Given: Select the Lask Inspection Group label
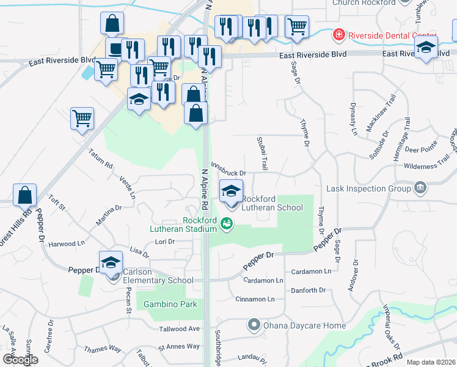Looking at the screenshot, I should [x=369, y=188].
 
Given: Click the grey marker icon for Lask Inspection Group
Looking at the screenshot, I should [x=420, y=187].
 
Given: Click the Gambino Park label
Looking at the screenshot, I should [x=166, y=304].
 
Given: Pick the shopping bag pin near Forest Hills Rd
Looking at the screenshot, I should [x=25, y=195].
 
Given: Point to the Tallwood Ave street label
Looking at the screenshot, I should [x=180, y=328].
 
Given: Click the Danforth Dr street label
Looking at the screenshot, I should [x=309, y=291].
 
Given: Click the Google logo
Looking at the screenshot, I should [x=20, y=360].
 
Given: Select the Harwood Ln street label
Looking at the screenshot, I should [x=67, y=243].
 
